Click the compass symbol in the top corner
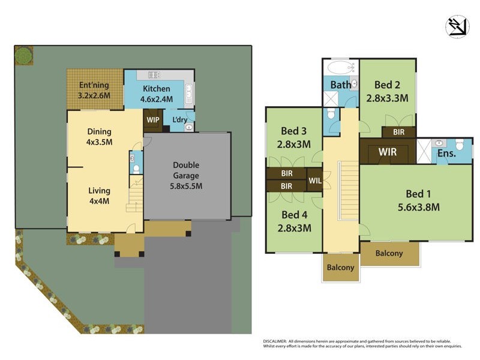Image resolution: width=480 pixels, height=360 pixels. click(x=457, y=26)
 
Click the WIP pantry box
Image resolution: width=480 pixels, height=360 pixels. click(x=152, y=119)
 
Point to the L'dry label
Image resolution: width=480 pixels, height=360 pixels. click(x=179, y=120)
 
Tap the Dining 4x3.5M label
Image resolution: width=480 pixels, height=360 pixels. click(x=99, y=137)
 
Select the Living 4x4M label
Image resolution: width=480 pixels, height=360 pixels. click(x=98, y=196)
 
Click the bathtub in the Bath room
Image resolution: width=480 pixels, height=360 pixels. click(x=340, y=67)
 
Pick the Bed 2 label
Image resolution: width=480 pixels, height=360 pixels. click(x=387, y=91)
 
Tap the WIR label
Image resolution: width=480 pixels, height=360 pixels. click(x=387, y=152)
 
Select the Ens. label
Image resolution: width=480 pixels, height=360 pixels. click(x=446, y=154)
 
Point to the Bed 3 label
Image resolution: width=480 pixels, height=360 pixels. click(x=295, y=137)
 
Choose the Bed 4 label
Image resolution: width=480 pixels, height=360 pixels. click(x=295, y=221)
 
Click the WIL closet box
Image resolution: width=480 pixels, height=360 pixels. click(x=314, y=180)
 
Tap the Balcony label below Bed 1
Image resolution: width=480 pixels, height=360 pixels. click(x=389, y=253)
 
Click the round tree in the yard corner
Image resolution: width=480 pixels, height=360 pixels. click(x=23, y=56)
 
